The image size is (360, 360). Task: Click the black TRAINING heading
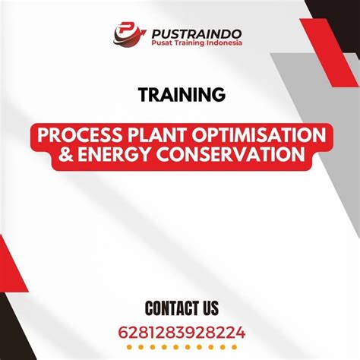coord(182,94)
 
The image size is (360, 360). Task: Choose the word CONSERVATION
coord(228,154)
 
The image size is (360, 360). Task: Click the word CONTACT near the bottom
coord(165,308)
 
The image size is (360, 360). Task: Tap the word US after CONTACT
coord(210,308)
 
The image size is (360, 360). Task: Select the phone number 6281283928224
coord(182,332)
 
